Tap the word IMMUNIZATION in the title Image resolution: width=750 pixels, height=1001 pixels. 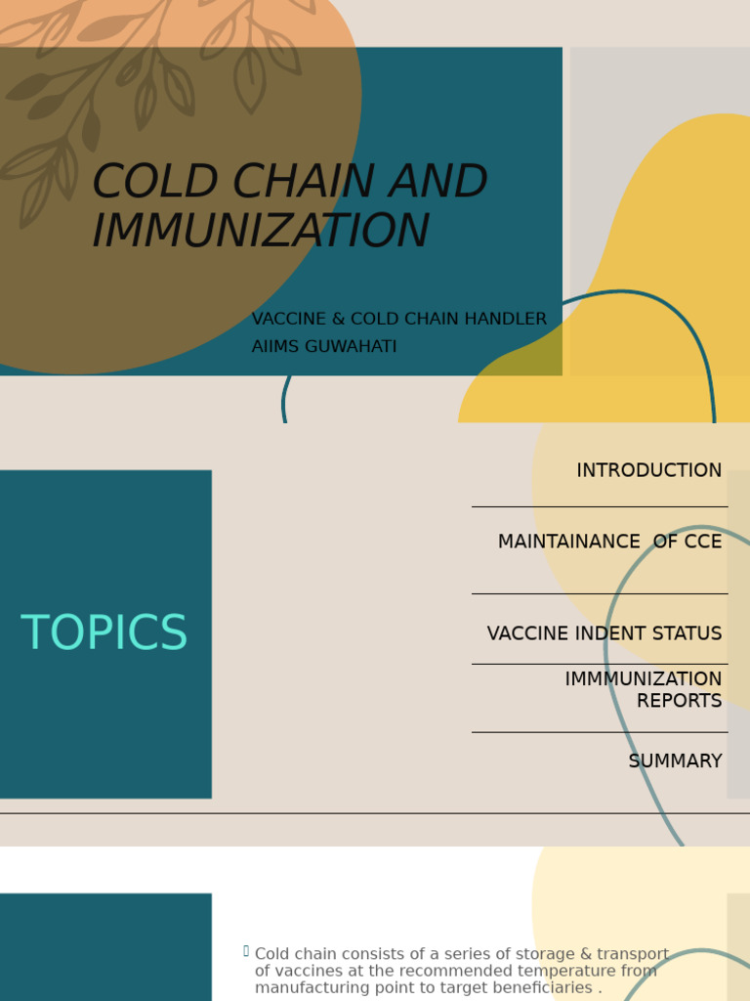261,232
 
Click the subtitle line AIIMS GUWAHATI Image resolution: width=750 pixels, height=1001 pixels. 324,347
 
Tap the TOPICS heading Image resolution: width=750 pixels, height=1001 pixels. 104,633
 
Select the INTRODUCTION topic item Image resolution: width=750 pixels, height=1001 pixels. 648,471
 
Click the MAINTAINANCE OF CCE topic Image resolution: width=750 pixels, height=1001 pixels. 609,543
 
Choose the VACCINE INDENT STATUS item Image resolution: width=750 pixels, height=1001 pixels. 604,634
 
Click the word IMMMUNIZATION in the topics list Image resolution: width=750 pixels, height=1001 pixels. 643,679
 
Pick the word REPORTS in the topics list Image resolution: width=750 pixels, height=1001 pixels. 679,701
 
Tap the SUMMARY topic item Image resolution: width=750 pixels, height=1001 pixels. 675,762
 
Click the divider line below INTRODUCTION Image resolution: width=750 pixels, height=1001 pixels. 599,506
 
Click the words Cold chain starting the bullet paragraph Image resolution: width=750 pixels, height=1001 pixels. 292,954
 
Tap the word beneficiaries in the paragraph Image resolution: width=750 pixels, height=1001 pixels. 545,988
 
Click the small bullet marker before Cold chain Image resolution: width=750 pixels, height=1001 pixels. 246,951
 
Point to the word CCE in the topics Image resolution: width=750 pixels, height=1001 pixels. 702,543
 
